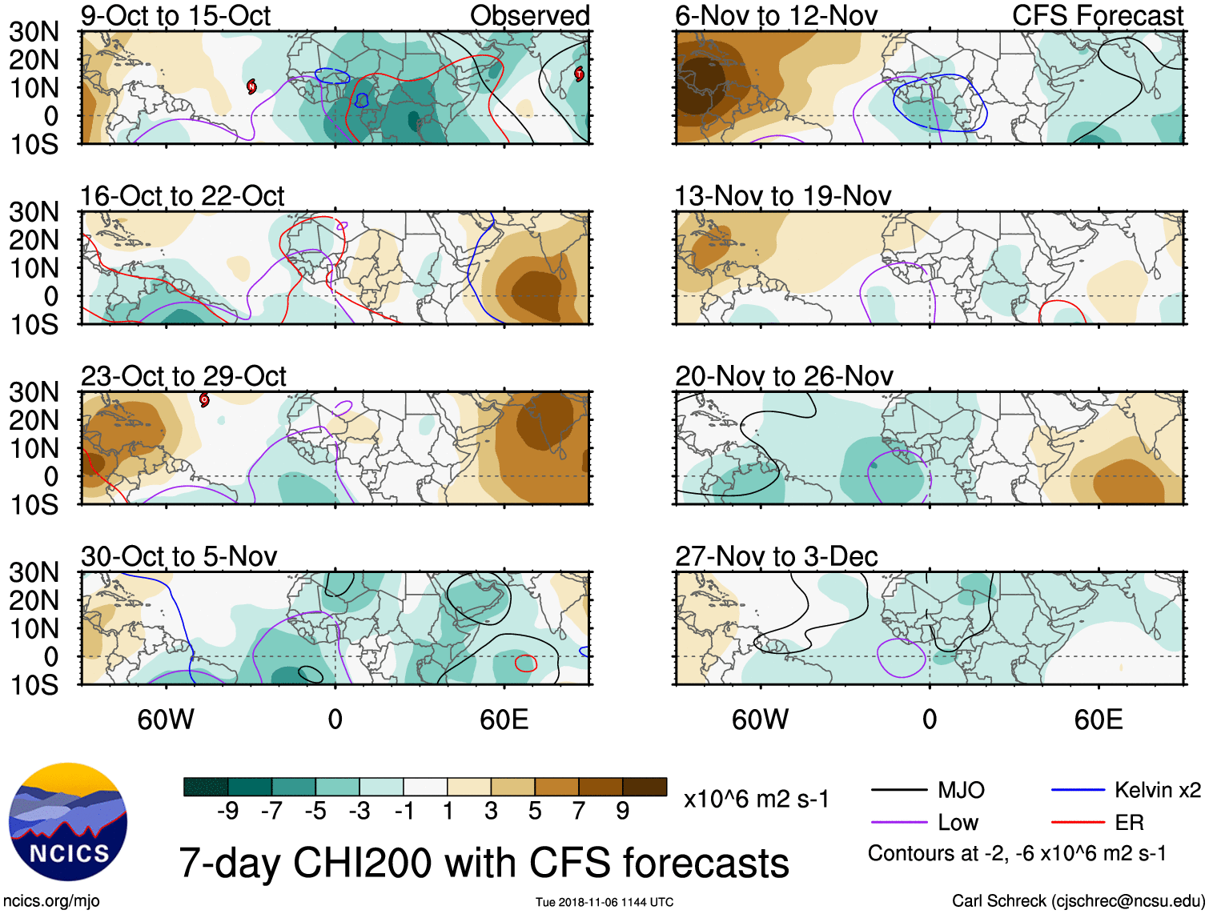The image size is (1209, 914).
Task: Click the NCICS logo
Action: point(67,821)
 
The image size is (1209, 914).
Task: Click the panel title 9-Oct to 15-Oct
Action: point(175,16)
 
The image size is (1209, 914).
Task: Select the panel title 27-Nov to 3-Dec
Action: point(776,556)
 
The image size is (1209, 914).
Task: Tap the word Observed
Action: point(529,16)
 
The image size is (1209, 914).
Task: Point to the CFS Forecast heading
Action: point(1097,16)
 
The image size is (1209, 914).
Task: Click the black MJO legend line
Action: point(898,791)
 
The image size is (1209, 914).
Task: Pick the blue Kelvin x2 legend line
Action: point(1078,791)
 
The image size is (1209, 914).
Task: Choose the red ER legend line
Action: point(1078,822)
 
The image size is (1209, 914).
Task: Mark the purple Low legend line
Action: point(898,822)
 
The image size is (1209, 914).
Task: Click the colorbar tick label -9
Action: point(227,812)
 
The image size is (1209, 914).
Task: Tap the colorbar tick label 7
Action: point(579,812)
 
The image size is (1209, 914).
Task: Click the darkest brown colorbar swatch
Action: point(645,787)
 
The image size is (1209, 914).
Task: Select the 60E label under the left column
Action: point(504,720)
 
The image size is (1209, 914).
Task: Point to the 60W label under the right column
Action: point(760,720)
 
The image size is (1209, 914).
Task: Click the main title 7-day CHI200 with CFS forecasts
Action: point(484,863)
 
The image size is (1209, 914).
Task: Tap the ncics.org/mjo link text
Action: point(51,901)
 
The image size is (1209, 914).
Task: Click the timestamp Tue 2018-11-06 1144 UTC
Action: point(604,902)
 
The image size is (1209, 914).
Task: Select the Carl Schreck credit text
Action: point(1078,901)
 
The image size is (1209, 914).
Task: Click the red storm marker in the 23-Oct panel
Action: point(204,399)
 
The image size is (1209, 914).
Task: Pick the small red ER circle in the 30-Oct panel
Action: point(525,663)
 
